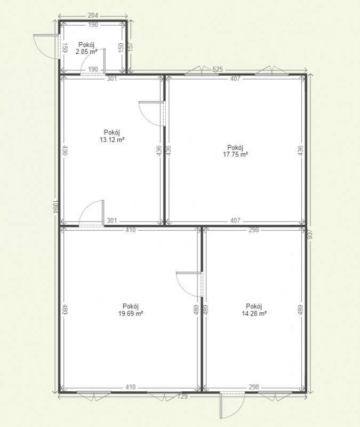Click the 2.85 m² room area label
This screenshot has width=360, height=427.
pos(86,51)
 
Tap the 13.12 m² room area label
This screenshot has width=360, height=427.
pos(112,140)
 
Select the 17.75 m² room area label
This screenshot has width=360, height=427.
pos(235,154)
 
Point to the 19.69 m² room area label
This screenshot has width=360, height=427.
pos(131,313)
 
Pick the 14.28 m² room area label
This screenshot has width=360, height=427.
pos(254,313)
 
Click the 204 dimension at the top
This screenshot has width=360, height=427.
pos(93,15)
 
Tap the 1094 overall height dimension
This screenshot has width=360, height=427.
pos(55,207)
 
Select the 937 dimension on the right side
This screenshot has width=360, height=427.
pos(310,234)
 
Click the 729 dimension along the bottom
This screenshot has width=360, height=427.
pos(182,397)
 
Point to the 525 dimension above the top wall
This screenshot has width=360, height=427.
pos(218,69)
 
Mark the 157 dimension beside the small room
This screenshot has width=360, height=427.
pos(131,47)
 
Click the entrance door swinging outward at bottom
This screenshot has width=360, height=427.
pos(232,405)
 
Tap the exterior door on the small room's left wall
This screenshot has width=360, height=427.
pos(46,46)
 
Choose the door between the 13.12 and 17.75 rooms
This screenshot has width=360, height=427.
pos(152,114)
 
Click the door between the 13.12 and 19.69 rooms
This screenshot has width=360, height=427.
pos(91,213)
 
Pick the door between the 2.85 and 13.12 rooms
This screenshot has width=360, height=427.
pos(93,61)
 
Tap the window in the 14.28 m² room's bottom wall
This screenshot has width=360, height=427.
pos(275,396)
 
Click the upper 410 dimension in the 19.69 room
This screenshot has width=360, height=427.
pos(131,230)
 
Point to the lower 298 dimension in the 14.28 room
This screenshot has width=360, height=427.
pos(254,387)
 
